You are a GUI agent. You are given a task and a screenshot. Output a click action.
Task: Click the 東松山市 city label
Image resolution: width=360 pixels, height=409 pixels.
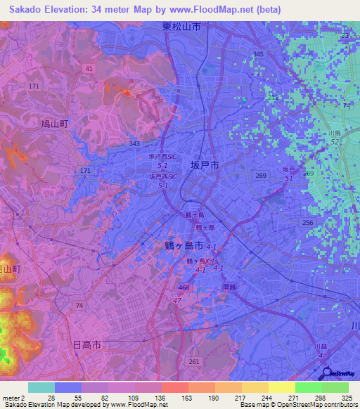tap(181, 27)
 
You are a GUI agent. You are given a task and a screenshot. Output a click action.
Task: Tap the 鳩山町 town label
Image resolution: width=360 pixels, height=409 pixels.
tap(53, 123)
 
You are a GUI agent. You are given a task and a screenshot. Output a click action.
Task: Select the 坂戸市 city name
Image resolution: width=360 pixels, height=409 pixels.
tap(205, 165)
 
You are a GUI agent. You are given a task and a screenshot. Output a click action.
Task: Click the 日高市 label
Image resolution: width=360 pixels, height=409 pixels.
tap(87, 345)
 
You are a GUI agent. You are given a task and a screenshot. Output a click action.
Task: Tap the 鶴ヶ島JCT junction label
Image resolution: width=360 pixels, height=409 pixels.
tap(200, 261)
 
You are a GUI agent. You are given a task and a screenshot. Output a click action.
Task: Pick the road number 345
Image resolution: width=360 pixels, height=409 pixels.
tap(258, 54)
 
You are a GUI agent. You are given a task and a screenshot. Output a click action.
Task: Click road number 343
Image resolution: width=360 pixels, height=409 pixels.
tap(134, 143)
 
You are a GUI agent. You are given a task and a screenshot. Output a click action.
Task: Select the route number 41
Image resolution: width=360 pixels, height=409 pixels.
tap(88, 68)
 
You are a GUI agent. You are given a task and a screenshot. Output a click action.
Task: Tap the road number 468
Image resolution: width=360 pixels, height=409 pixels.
tap(184, 287)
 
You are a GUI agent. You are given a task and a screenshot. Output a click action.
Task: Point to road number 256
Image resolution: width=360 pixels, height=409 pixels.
tap(307, 222)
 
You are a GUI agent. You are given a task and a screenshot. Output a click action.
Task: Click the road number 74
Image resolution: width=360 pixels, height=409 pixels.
tap(79, 305)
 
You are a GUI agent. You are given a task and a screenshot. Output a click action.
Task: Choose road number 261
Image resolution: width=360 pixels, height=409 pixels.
tap(194, 361)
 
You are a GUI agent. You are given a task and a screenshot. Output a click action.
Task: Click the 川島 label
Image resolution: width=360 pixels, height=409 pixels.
tap(334, 132)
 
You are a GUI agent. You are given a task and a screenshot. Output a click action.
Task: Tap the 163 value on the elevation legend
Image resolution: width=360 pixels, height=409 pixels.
tap(174, 397)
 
